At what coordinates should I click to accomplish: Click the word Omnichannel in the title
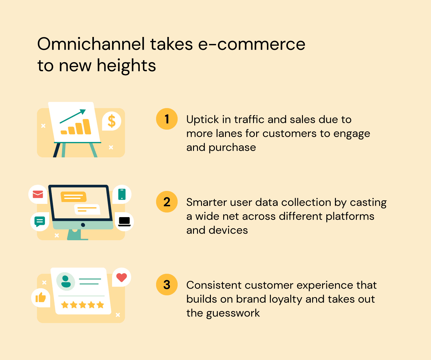click(91, 44)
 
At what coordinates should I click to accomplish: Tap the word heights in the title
click(126, 66)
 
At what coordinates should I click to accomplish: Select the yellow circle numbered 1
click(167, 119)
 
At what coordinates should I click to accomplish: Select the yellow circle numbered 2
click(167, 202)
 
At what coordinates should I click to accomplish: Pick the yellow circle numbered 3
click(167, 285)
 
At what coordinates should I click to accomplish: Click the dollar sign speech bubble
click(111, 121)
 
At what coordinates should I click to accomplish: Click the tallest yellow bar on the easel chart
click(87, 127)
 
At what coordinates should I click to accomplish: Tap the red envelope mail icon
click(38, 194)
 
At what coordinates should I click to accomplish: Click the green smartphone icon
click(122, 194)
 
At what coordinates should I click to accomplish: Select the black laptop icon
click(124, 221)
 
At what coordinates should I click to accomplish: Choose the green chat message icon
click(40, 221)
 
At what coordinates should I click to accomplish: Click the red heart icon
click(122, 277)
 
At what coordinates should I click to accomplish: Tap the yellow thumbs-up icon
click(41, 298)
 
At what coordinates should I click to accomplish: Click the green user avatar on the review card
click(66, 281)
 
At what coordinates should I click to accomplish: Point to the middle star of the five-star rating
click(83, 305)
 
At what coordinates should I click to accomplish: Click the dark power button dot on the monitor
click(83, 225)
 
